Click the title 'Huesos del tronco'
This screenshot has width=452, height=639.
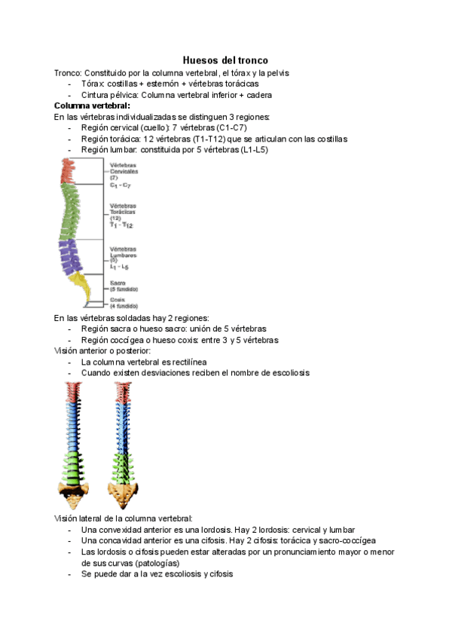point(226,60)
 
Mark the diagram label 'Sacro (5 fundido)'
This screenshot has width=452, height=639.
point(123,286)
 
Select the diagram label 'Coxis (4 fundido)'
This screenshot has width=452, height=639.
point(123,302)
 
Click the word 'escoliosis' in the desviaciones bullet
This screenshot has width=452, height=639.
point(286,373)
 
